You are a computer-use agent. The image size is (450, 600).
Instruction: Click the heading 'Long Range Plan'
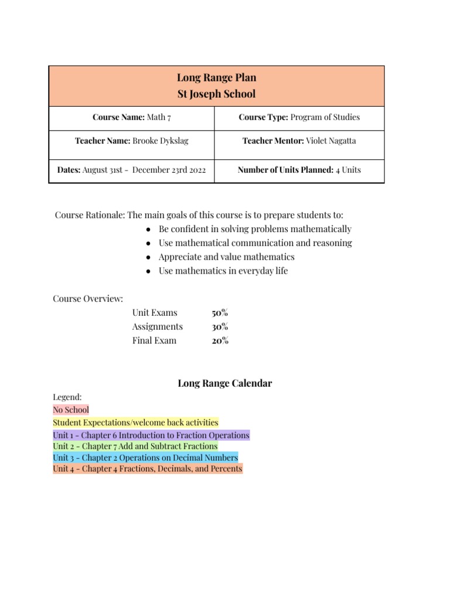(x=216, y=78)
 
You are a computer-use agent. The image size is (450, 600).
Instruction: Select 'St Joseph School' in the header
(x=216, y=94)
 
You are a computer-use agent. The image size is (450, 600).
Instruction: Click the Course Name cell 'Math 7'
(x=132, y=117)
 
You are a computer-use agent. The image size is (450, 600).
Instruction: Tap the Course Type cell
(x=299, y=117)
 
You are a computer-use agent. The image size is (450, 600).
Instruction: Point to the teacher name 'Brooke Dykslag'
(x=131, y=141)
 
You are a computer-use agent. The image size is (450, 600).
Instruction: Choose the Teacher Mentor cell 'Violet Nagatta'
(x=299, y=141)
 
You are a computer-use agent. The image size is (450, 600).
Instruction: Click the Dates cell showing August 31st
(x=131, y=170)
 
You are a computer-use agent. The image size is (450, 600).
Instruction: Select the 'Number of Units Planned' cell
(x=299, y=170)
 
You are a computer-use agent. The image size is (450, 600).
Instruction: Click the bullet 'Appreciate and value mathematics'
(x=226, y=257)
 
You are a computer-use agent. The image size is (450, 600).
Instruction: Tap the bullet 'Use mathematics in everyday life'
(x=223, y=271)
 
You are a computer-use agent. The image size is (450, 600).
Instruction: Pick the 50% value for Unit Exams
(x=220, y=312)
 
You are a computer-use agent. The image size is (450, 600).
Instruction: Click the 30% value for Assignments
(x=220, y=326)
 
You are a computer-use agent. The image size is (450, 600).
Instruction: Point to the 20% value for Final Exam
(x=220, y=340)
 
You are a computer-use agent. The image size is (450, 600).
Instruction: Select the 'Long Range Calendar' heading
(x=225, y=383)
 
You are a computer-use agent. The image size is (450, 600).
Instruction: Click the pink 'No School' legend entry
(x=71, y=410)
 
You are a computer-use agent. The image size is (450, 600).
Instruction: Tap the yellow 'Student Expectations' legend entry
(x=135, y=422)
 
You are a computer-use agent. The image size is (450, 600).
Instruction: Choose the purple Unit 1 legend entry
(x=151, y=435)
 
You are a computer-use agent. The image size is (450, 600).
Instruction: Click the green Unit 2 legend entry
(x=135, y=446)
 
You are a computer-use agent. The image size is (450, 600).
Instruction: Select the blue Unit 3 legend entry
(x=145, y=457)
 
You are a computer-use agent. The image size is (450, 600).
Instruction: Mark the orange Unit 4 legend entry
(x=148, y=469)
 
